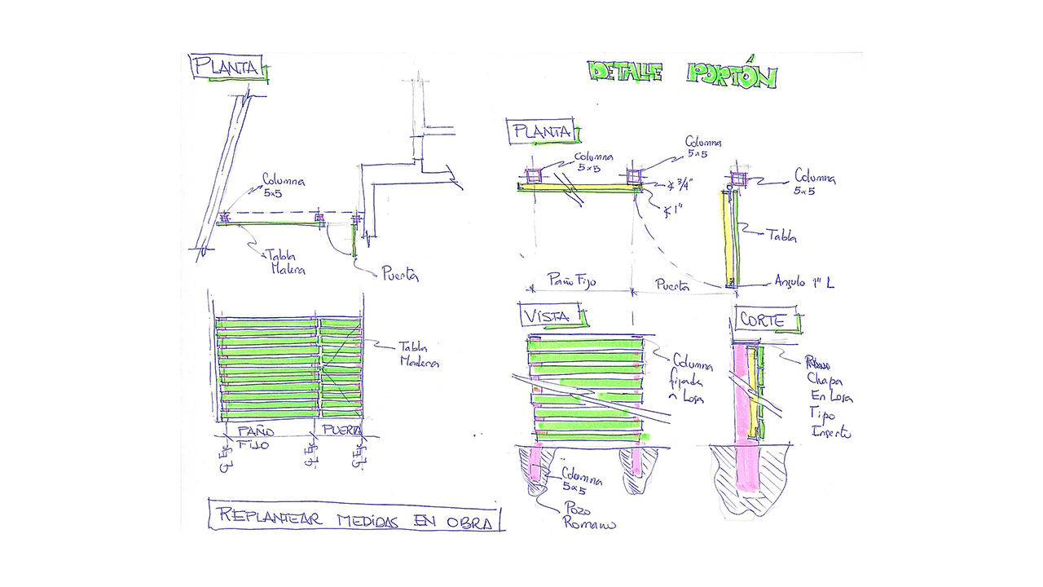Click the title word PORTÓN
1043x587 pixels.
click(731, 74)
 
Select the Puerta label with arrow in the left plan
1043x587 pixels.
click(400, 274)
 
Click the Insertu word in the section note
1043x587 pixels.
click(830, 433)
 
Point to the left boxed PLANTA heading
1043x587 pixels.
click(227, 66)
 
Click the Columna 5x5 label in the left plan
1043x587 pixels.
click(283, 187)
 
